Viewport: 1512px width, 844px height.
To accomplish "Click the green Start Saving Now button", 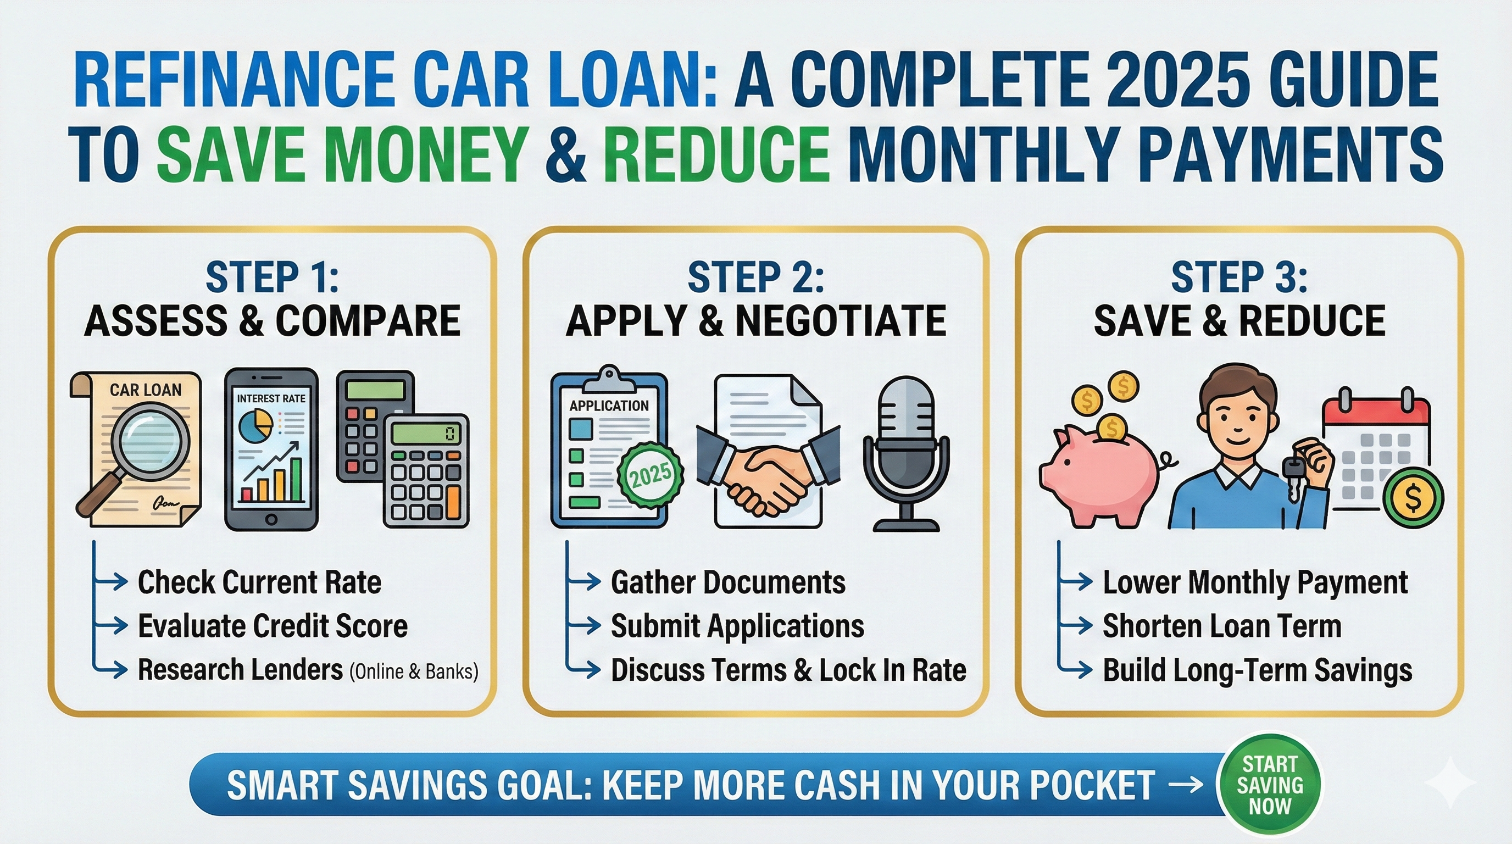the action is coord(1269,785).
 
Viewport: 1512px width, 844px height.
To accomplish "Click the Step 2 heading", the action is coord(755,277).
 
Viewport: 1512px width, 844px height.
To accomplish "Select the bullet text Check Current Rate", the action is coord(259,582).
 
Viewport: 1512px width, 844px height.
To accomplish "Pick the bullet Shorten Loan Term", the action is coord(1222,626).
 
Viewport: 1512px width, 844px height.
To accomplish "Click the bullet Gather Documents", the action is coord(728,582).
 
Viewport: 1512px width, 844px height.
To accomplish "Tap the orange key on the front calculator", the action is coord(453,498).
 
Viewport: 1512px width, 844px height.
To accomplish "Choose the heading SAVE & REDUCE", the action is coord(1239,321).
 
